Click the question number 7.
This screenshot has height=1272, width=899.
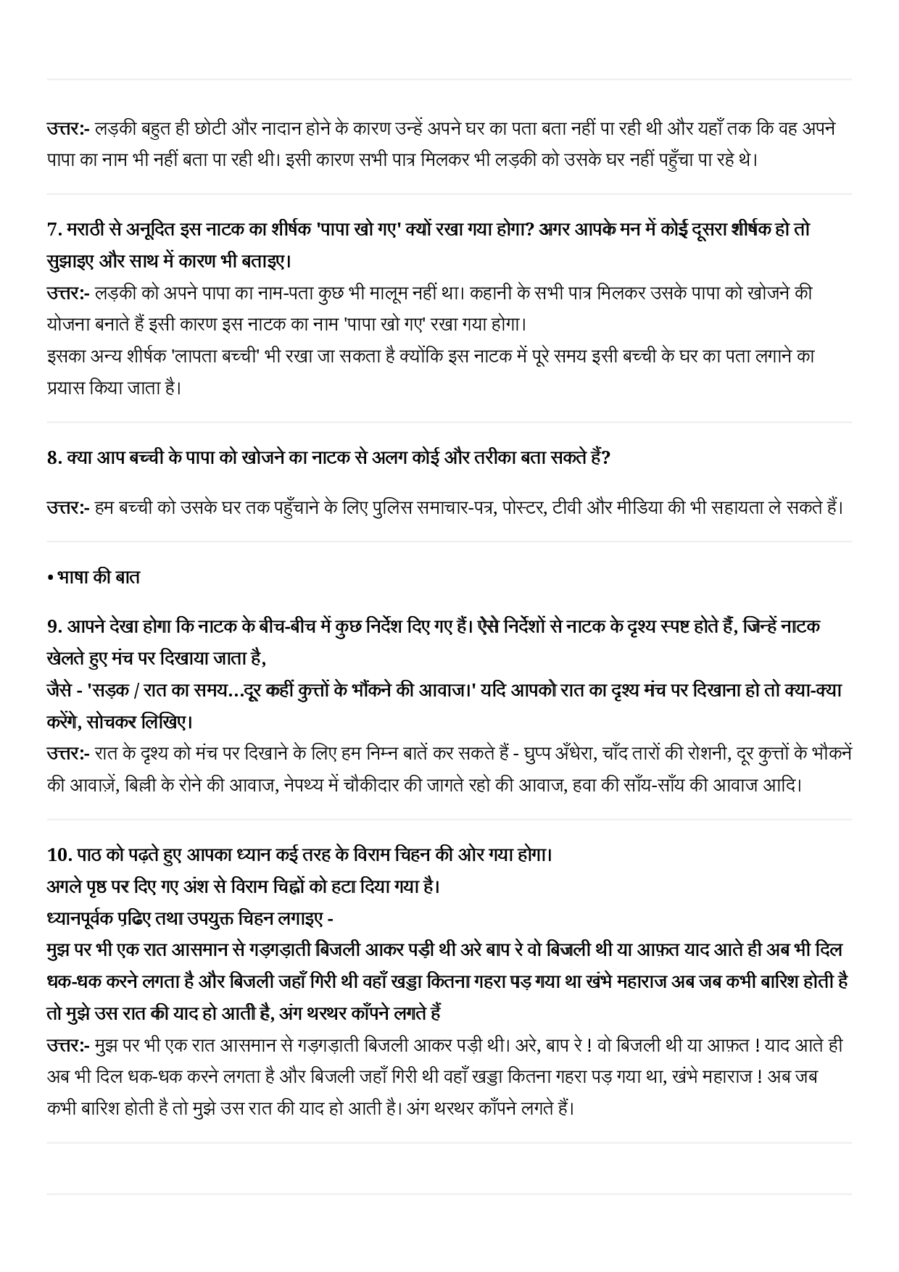[x=54, y=229]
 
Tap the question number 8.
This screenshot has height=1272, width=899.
[x=54, y=457]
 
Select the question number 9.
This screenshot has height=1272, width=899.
[x=54, y=626]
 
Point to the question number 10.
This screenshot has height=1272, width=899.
[x=57, y=855]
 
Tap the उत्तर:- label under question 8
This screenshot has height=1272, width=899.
[x=67, y=507]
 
